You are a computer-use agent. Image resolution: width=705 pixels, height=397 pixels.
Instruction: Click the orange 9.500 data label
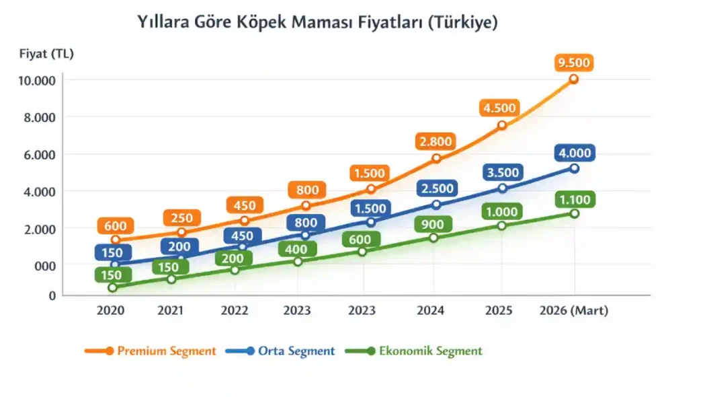coord(573,63)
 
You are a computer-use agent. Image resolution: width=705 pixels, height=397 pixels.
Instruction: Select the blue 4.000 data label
coord(574,153)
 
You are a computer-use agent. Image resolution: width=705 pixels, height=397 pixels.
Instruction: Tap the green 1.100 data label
coord(574,199)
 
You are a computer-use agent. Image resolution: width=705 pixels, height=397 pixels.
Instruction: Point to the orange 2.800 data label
coord(436,141)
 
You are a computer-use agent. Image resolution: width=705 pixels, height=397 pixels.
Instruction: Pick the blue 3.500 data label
coord(502,172)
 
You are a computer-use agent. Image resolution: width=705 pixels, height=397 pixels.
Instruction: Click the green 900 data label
coord(434,224)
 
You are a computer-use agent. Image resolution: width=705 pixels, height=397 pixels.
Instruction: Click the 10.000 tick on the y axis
coord(37,81)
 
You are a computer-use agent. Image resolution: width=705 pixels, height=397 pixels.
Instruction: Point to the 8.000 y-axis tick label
coord(40,117)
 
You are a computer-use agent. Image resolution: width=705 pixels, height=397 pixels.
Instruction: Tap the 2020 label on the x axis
coord(110,311)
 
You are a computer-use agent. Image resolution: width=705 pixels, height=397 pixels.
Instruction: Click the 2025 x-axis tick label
coord(498,311)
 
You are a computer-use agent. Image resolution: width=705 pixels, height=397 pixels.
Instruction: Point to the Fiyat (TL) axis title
coord(46,54)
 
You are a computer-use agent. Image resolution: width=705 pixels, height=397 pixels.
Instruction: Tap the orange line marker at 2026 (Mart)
coord(573,79)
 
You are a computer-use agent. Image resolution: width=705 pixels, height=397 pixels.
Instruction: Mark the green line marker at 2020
coord(112,288)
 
